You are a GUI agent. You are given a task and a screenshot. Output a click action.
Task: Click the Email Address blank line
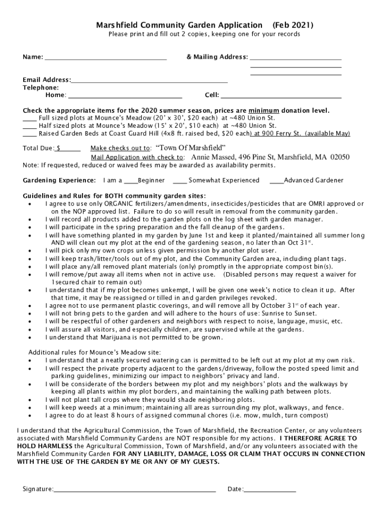click(149, 81)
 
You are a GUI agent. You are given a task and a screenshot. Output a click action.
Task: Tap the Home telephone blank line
click(125, 96)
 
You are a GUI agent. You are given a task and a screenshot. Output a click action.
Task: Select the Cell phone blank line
click(281, 96)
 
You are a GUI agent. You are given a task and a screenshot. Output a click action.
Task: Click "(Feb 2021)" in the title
click(293, 25)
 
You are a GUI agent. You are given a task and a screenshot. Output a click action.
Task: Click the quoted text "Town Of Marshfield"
click(190, 148)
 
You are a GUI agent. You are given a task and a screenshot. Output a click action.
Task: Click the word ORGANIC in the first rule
click(117, 204)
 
